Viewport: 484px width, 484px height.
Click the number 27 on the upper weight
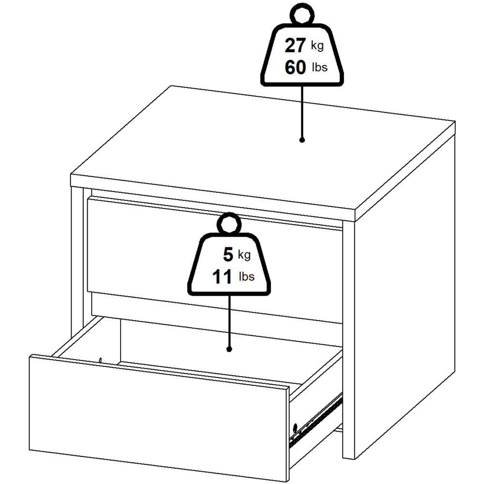295,46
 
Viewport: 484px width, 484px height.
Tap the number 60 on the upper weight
295,68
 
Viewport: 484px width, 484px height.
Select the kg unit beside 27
317,46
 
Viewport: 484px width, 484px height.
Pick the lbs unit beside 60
319,68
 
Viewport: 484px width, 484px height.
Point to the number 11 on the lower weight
223,277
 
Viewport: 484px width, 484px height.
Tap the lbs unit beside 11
246,277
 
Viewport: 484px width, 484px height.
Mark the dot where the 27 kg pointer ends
302,140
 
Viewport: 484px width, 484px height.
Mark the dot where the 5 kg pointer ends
229,348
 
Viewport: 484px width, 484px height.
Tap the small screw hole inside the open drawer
100,360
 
